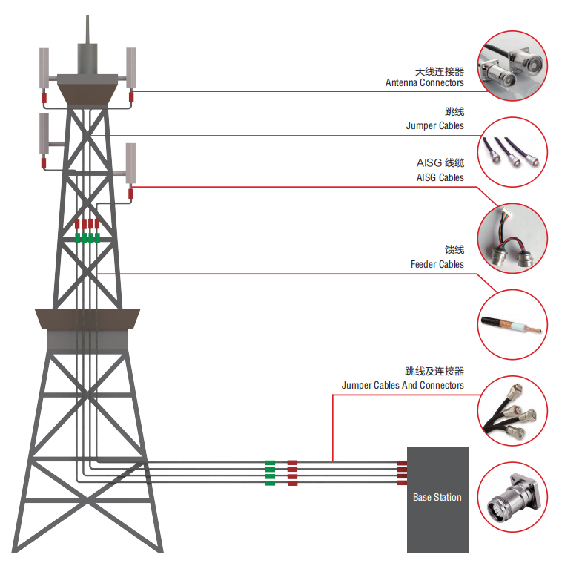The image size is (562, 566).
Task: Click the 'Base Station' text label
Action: click(437, 497)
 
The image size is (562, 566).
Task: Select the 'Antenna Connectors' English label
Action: click(425, 82)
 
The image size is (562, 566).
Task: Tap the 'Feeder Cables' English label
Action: click(437, 264)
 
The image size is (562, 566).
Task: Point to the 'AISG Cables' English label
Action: click(440, 177)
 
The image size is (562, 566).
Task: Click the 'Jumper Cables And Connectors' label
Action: click(403, 385)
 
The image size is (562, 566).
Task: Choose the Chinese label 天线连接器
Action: click(440, 71)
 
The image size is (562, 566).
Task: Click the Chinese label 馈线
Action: click(454, 249)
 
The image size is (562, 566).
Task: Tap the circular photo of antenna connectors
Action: click(512, 66)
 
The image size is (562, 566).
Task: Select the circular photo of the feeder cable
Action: click(512, 324)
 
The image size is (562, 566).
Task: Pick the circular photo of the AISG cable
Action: click(512, 238)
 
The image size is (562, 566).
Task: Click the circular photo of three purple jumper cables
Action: click(512, 152)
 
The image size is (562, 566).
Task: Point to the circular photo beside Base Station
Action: click(512, 497)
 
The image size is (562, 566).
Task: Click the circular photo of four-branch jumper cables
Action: click(512, 411)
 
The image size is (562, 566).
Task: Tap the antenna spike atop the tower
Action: click(87, 29)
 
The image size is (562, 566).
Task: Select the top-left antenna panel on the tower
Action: click(44, 68)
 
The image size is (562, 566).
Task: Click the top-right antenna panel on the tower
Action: click(131, 68)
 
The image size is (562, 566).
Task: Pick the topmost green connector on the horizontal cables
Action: click(270, 463)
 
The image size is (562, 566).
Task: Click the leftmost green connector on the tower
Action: click(78, 238)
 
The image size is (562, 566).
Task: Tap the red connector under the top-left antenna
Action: click(44, 98)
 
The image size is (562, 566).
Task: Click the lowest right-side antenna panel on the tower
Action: click(130, 163)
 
